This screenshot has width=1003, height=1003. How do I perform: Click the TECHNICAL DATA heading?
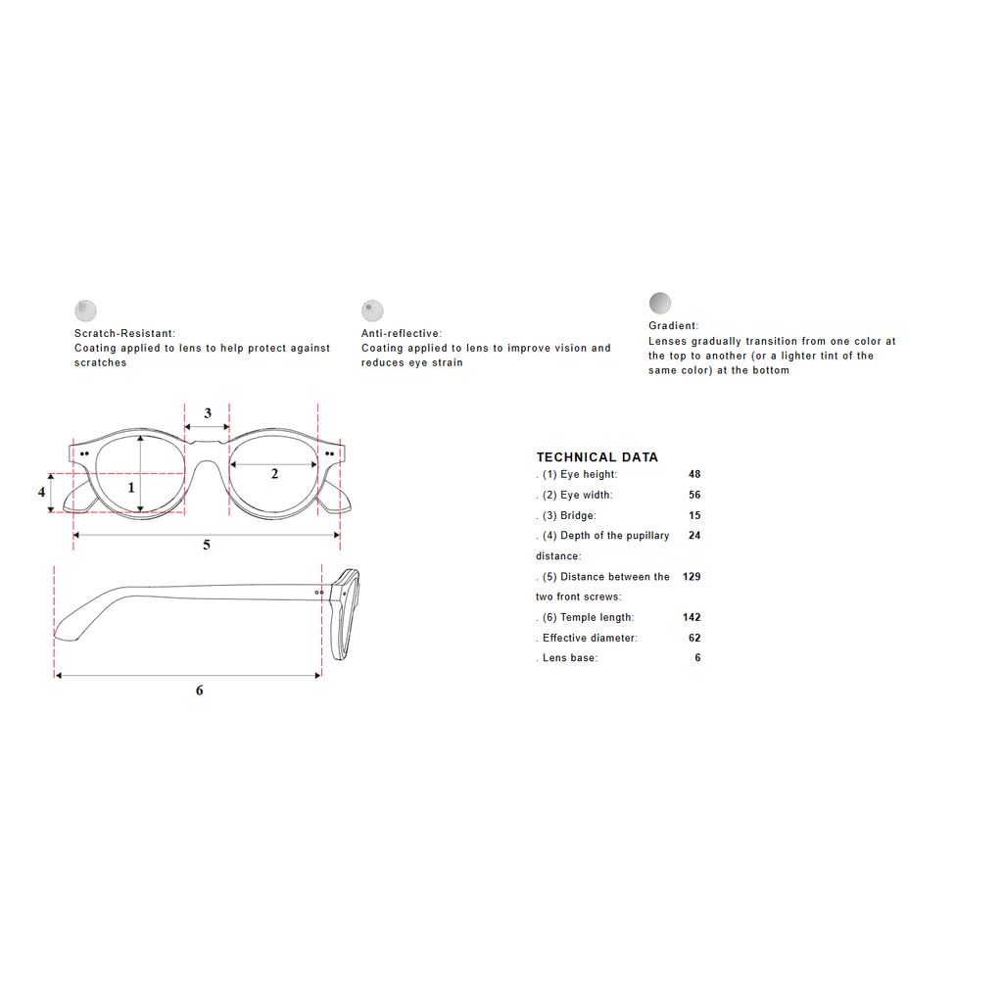click(597, 456)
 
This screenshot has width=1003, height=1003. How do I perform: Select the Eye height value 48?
click(694, 474)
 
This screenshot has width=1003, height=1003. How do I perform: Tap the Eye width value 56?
click(694, 495)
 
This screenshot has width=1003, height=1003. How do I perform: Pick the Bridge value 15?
click(694, 515)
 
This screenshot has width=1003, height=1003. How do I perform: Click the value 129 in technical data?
click(692, 576)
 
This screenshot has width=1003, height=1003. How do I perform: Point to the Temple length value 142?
click(692, 617)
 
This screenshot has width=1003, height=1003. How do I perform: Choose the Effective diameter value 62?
click(694, 638)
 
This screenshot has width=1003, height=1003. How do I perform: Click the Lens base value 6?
click(697, 657)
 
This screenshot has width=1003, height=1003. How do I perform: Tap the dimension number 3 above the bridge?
click(208, 413)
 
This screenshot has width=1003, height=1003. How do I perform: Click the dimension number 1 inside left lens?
click(131, 488)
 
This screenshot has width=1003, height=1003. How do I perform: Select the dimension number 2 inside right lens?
click(274, 473)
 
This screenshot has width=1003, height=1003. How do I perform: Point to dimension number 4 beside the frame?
click(41, 492)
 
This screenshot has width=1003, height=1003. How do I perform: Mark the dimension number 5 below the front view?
click(206, 545)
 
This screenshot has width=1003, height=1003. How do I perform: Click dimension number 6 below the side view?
click(199, 690)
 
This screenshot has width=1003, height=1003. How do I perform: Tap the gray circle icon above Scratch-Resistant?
click(85, 310)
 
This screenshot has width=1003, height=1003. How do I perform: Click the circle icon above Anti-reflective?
click(372, 310)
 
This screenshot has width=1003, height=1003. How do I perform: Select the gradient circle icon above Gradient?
click(659, 304)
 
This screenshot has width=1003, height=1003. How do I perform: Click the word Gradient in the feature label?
click(672, 325)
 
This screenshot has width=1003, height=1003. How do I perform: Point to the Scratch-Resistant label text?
click(124, 333)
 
